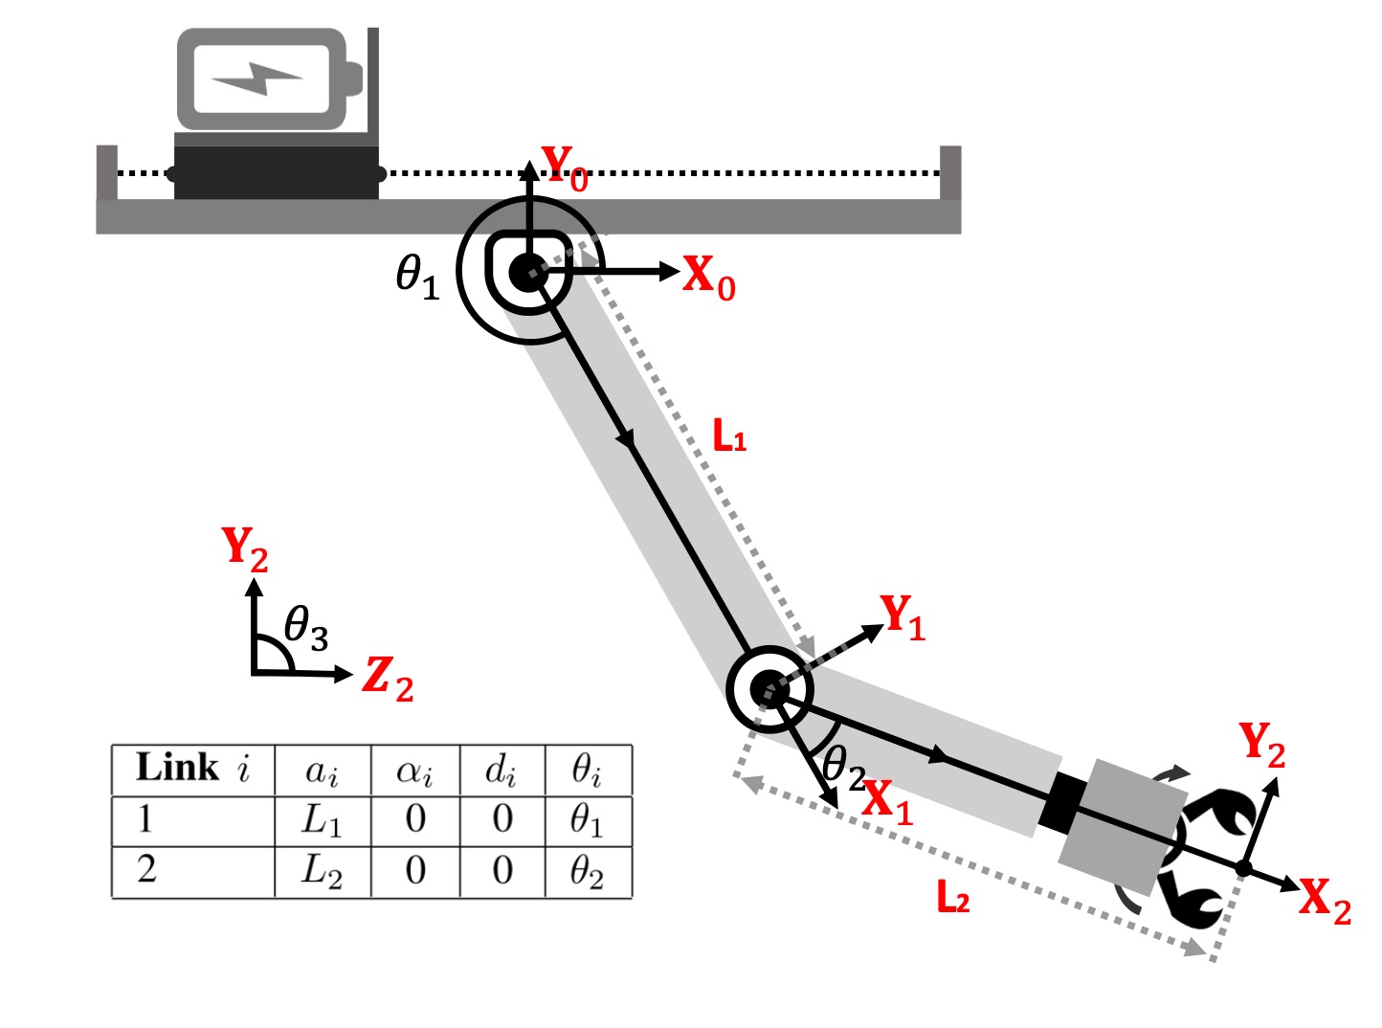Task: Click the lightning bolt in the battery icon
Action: [257, 78]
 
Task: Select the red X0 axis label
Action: [709, 278]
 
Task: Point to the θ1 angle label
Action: [417, 278]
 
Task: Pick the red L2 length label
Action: [953, 898]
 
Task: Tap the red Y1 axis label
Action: [903, 617]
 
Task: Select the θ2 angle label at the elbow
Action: [844, 769]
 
